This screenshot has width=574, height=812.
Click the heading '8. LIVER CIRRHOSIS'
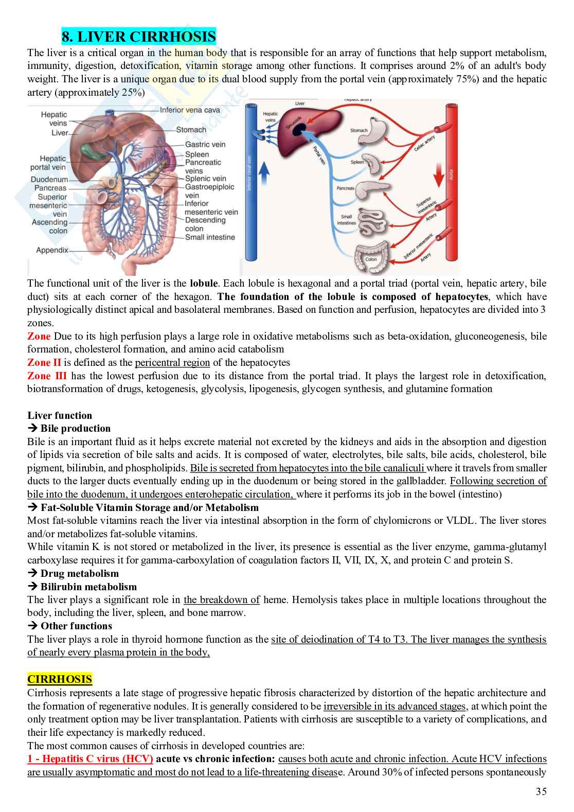(x=138, y=37)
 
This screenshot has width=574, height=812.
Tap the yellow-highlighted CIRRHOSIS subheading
(x=60, y=679)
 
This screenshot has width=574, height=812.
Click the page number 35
(x=541, y=792)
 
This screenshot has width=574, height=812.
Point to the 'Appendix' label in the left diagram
(x=52, y=250)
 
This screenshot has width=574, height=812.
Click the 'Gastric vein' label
(x=205, y=145)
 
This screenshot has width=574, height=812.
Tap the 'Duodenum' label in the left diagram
(x=49, y=180)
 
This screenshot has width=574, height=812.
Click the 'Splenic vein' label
(x=206, y=179)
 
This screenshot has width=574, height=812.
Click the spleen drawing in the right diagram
(x=375, y=165)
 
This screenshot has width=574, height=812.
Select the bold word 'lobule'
(x=204, y=284)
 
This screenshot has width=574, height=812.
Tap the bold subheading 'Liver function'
(x=60, y=415)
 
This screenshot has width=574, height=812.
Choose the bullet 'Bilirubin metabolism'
(x=88, y=587)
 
